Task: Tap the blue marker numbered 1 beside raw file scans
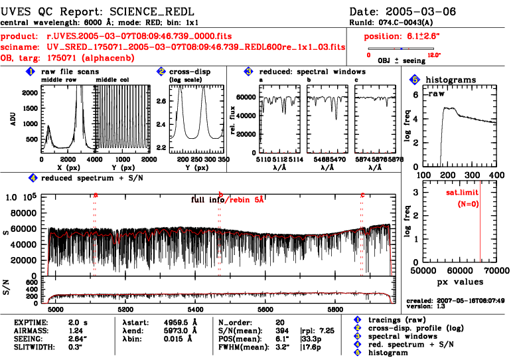(31, 71)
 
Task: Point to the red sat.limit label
(462, 193)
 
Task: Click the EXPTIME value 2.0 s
(78, 321)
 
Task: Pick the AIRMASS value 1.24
(76, 329)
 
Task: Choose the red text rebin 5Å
(245, 199)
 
